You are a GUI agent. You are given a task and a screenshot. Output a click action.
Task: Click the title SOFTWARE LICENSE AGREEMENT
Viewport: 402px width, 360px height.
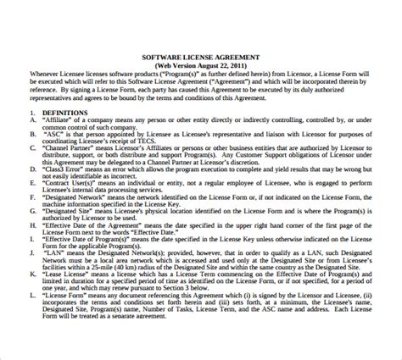point(200,57)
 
